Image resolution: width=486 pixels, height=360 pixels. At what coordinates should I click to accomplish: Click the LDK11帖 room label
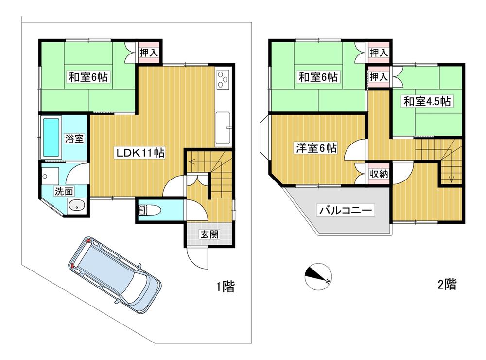coord(140,153)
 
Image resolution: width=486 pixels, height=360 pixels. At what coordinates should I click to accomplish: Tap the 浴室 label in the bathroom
coord(74,139)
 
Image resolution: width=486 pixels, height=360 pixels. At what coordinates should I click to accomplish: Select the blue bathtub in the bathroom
coord(51,137)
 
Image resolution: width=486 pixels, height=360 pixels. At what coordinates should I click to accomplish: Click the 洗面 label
coord(64,191)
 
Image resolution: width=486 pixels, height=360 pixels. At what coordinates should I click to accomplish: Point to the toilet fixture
coord(149,211)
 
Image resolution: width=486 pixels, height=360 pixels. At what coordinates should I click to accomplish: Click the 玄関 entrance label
coord(209,234)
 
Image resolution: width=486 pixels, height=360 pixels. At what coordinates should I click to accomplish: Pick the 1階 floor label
coord(226,286)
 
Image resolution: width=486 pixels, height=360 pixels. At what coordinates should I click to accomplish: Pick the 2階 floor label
coord(447,284)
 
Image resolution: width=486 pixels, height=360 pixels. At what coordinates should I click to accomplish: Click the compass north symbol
coord(318,276)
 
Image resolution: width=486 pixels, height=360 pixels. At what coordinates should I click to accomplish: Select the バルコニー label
coord(346,210)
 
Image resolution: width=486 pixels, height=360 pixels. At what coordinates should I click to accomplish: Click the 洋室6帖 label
coord(316,148)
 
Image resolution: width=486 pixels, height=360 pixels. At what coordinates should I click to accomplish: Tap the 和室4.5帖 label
coord(427,101)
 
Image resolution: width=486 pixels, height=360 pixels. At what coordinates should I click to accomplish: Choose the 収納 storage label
coord(379,174)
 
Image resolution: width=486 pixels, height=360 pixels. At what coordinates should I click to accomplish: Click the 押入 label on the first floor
coord(149,52)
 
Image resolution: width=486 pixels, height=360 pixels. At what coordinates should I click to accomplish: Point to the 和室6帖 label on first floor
coord(88,77)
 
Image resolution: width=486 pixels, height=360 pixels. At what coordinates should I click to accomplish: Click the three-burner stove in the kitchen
coord(223,79)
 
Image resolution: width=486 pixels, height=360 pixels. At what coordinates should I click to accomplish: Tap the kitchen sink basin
coord(223,127)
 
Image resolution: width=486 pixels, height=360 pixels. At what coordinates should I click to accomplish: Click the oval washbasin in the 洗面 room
coord(77,205)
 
